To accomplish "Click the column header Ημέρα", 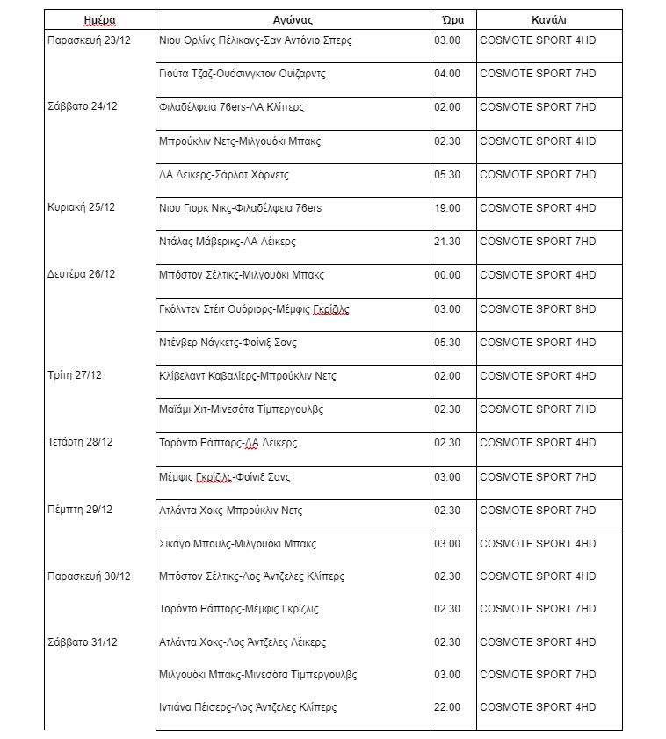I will tap(99, 20).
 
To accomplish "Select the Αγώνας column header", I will tap(293, 20).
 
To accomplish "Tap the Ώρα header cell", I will tap(447, 20).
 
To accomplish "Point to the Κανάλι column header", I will tap(549, 20).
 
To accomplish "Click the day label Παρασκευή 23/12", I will tap(89, 40).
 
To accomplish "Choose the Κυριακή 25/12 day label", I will tap(81, 207).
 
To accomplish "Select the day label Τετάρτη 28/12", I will tap(80, 442).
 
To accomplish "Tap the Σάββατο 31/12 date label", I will tap(82, 642).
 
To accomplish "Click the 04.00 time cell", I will tap(447, 74).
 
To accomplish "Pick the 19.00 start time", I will tap(447, 208).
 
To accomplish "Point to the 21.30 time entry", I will tap(447, 242).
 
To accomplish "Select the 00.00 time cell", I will tap(447, 275).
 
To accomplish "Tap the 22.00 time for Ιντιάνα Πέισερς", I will tap(447, 707).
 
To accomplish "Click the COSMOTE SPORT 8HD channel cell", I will tap(538, 309).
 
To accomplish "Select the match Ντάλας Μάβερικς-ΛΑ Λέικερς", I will tap(228, 242).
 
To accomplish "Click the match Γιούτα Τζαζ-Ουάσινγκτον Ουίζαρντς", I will tap(243, 74).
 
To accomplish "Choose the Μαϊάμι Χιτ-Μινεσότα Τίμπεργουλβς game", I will tap(242, 409).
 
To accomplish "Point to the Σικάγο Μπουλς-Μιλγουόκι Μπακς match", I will tap(238, 544).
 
